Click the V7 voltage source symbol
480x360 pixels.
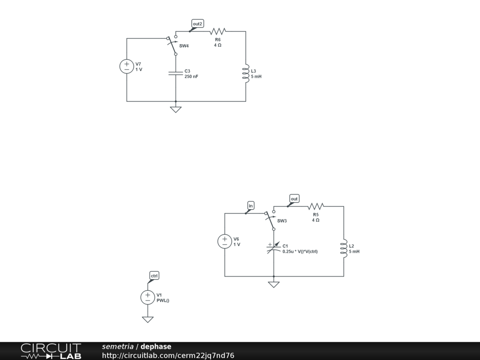(x=127, y=67)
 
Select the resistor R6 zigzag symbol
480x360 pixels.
(x=218, y=31)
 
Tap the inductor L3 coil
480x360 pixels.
(x=245, y=74)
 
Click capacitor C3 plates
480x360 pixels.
(x=176, y=73)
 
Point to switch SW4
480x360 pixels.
(x=173, y=45)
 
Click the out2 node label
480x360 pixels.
(x=197, y=23)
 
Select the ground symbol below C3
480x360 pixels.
(x=176, y=109)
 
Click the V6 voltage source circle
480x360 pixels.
(x=225, y=241)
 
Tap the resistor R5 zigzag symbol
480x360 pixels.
(x=316, y=206)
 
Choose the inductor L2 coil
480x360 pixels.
(x=344, y=248)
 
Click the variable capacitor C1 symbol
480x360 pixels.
(x=273, y=248)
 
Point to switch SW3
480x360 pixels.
(x=271, y=220)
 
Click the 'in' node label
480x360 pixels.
(x=251, y=205)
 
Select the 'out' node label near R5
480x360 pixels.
(x=294, y=199)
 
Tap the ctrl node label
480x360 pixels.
(x=154, y=275)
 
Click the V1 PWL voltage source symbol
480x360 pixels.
(x=148, y=297)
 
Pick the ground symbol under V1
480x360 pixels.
(x=148, y=319)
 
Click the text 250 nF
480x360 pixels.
(x=191, y=76)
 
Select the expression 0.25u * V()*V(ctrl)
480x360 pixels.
(x=300, y=252)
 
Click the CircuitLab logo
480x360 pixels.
(x=51, y=351)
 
